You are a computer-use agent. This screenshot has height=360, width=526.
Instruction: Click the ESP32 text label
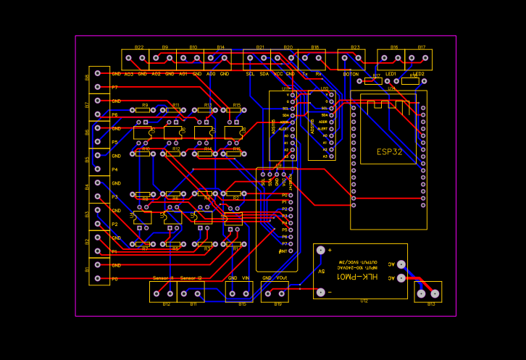tap(389, 152)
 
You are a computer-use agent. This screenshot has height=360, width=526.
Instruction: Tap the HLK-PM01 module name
tap(359, 277)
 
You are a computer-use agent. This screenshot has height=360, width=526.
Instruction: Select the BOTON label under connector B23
tap(351, 74)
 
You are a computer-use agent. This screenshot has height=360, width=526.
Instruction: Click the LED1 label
tap(391, 74)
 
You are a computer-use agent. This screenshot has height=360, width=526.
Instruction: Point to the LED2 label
tap(419, 74)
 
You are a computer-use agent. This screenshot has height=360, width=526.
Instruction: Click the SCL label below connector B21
tap(250, 74)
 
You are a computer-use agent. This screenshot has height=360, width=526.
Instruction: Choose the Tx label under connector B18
tap(305, 74)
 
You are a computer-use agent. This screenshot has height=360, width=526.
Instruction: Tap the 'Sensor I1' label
tap(163, 278)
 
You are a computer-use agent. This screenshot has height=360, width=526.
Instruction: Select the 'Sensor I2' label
tap(191, 278)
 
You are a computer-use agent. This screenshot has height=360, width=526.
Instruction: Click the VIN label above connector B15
tap(246, 278)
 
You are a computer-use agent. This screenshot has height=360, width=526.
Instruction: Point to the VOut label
tap(282, 278)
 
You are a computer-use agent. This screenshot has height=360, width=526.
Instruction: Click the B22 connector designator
tap(138, 47)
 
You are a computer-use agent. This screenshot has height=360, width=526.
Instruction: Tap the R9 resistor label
tap(145, 105)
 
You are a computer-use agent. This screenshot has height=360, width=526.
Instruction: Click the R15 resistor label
tap(236, 105)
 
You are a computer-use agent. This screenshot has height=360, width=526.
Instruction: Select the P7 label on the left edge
tap(114, 88)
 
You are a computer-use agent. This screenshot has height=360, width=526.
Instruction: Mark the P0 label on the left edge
tap(114, 279)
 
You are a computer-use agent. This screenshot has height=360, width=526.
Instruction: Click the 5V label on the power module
tap(322, 272)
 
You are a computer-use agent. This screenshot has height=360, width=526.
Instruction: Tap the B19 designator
tap(277, 304)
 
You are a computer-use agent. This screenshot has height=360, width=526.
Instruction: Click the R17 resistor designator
tap(376, 75)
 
